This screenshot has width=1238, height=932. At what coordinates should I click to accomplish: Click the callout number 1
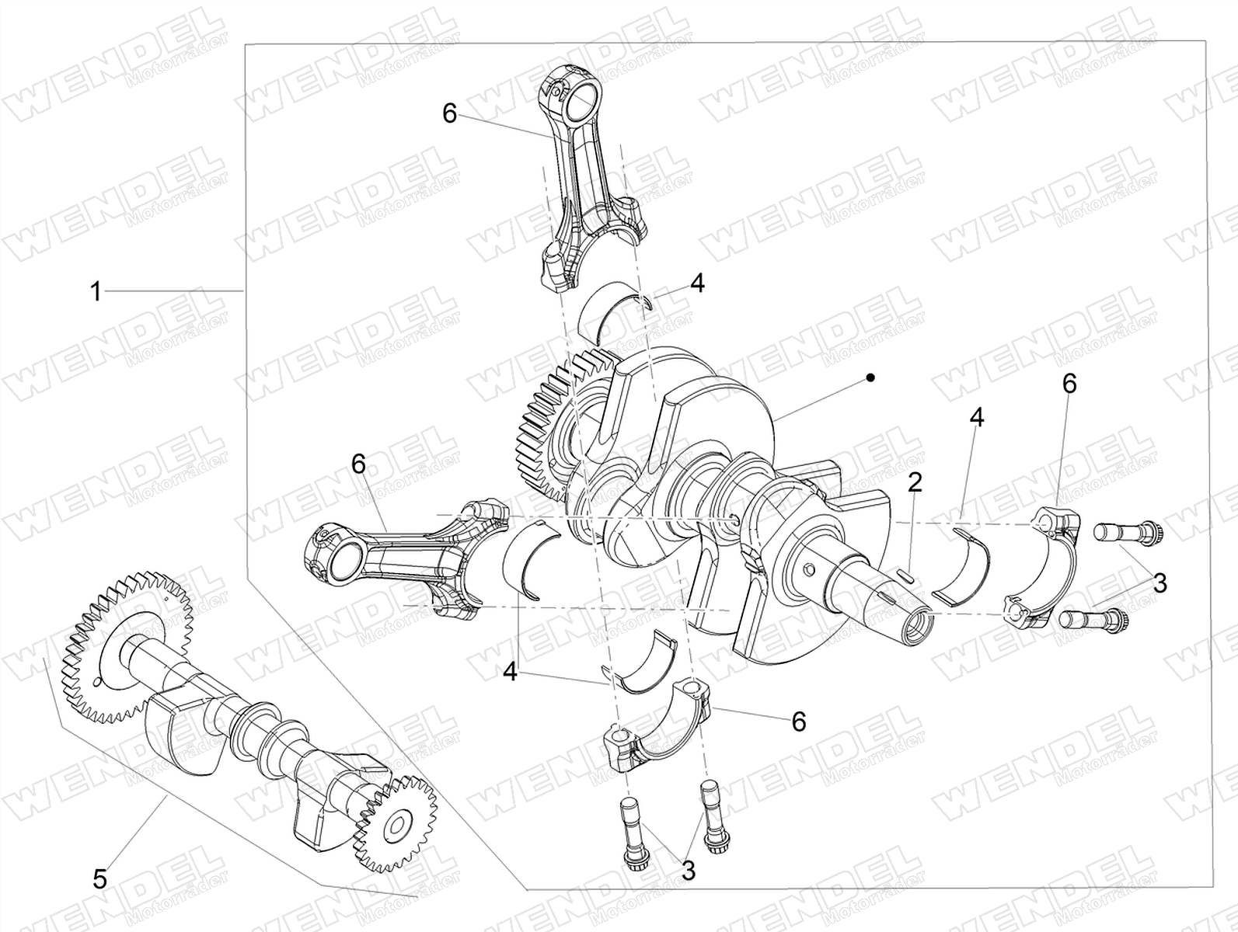pyautogui.click(x=96, y=292)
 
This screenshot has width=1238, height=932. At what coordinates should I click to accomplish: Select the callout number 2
pyautogui.click(x=914, y=483)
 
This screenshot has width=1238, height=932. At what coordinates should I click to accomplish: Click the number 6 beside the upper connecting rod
pyautogui.click(x=449, y=114)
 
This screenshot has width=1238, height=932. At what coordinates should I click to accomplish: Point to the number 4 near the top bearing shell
pyautogui.click(x=698, y=283)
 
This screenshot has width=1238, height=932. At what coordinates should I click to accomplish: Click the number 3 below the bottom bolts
pyautogui.click(x=688, y=870)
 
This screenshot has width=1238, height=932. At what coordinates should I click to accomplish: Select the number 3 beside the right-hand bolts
pyautogui.click(x=1160, y=583)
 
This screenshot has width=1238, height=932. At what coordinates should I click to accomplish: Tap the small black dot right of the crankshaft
pyautogui.click(x=871, y=377)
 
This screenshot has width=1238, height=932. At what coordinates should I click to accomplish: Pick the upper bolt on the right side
pyautogui.click(x=1126, y=532)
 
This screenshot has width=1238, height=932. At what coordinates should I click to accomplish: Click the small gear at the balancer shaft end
pyautogui.click(x=396, y=826)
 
